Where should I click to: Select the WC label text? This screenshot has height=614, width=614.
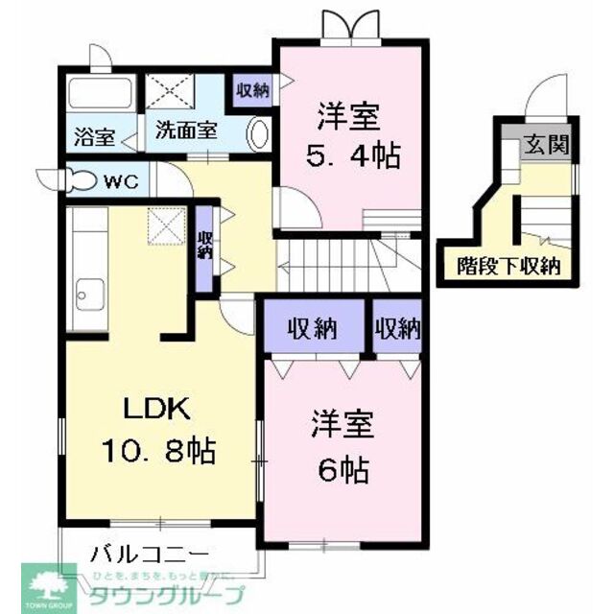120,180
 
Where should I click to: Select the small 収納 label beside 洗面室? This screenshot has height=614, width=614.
252,91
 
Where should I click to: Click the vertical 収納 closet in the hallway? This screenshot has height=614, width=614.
205,246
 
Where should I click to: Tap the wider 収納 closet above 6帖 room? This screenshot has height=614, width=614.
316,330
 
